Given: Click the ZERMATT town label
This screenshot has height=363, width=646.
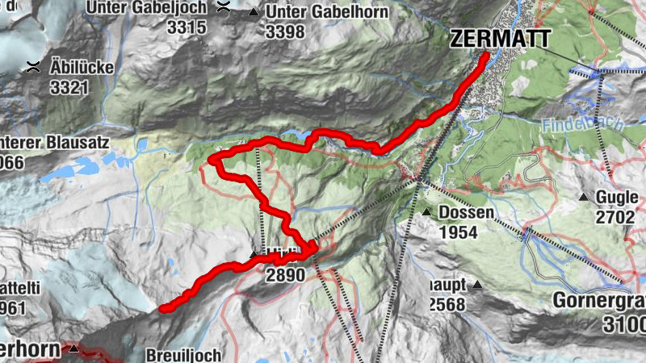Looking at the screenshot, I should (501, 39).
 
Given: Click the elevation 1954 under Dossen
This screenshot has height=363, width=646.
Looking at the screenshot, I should (459, 232).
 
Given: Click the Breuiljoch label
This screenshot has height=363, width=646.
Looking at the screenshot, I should (183, 355).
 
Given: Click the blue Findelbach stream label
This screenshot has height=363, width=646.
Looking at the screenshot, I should (574, 126).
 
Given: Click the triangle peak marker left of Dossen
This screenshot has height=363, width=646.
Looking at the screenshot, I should (426, 213).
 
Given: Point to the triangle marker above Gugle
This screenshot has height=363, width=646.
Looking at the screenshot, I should (582, 198).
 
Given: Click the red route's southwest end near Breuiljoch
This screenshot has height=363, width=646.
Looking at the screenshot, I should (161, 308).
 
